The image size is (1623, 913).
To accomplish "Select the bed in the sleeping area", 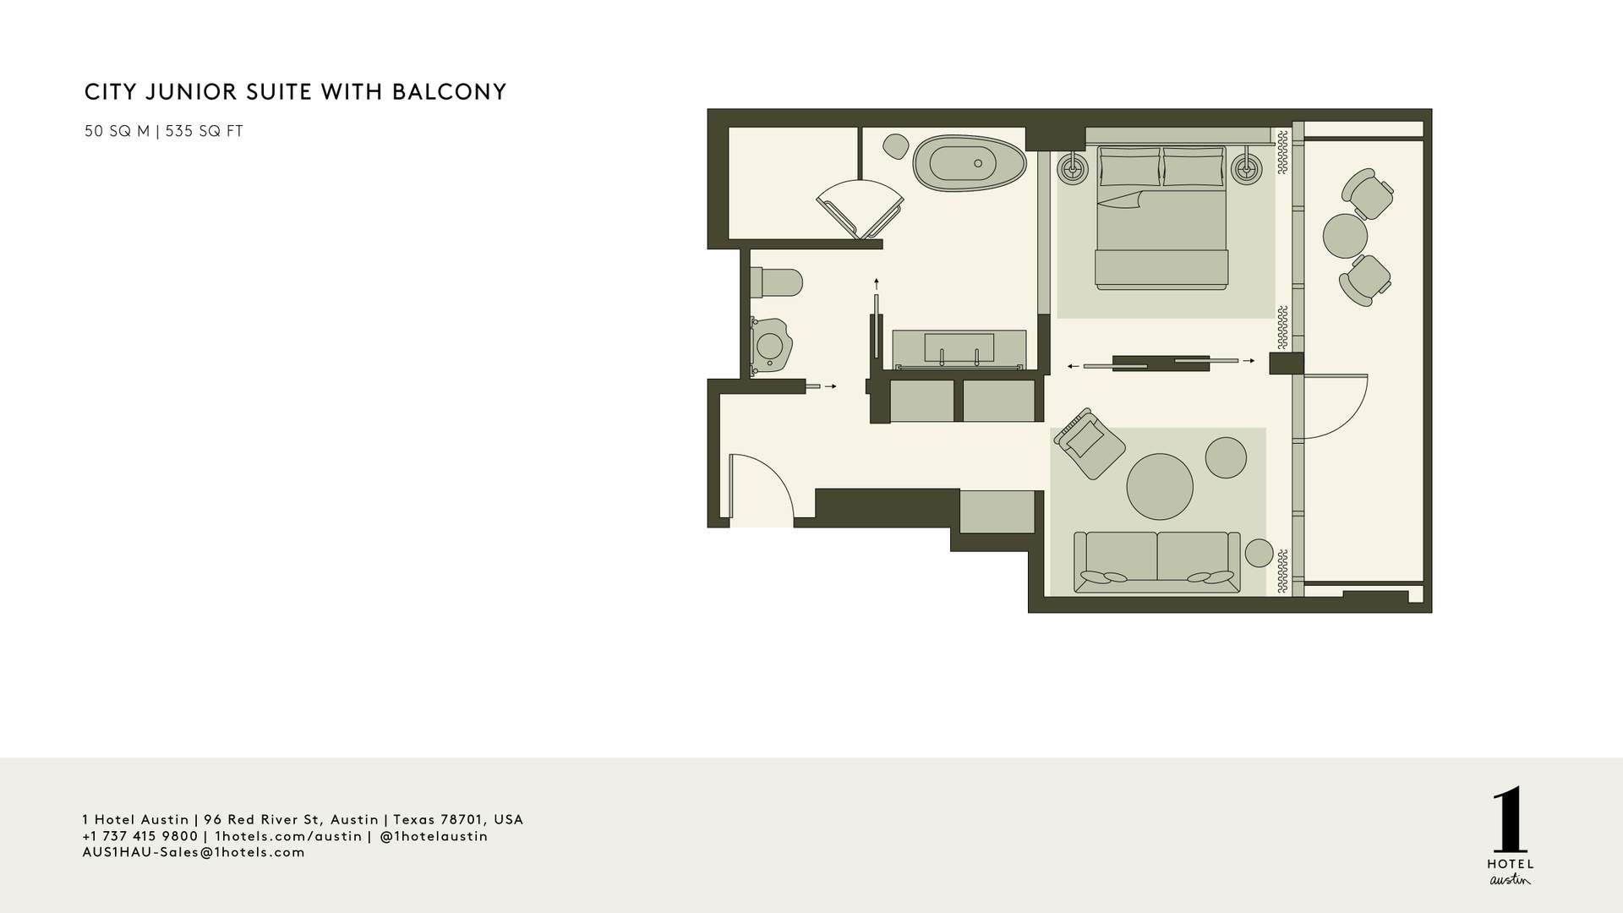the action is pyautogui.click(x=1161, y=217).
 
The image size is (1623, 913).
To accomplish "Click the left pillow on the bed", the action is pyautogui.click(x=1130, y=167).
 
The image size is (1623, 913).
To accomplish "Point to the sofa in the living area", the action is pyautogui.click(x=1156, y=562).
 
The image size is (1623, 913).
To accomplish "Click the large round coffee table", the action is pyautogui.click(x=1160, y=487).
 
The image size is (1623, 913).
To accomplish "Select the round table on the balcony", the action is pyautogui.click(x=1345, y=236).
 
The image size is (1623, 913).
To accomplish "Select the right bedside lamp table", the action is pyautogui.click(x=1247, y=169).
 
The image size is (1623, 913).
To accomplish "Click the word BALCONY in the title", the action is pyautogui.click(x=449, y=91).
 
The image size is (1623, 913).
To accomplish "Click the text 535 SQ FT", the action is pyautogui.click(x=205, y=131).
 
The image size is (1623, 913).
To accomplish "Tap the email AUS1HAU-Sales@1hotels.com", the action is pyautogui.click(x=194, y=852).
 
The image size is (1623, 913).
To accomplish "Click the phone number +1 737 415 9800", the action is pyautogui.click(x=140, y=836).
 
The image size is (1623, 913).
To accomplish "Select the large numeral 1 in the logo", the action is pyautogui.click(x=1510, y=821).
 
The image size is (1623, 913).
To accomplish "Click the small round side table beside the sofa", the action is pyautogui.click(x=1259, y=553).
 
